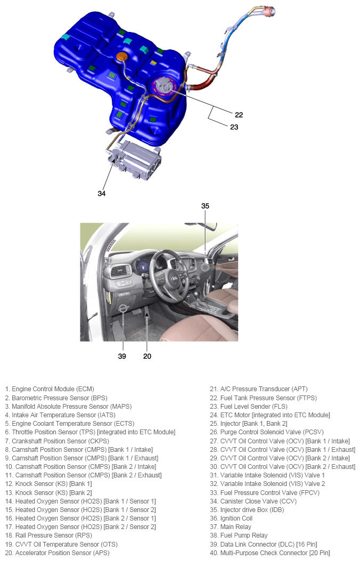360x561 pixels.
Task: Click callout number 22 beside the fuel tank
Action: coord(239,114)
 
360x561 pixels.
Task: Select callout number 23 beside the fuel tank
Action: coord(234,127)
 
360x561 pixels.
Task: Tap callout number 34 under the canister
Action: coord(102,193)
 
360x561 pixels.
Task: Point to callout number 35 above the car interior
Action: coord(206,205)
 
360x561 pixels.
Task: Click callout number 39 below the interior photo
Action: coord(122,356)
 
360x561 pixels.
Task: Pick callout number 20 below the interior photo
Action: coord(147,356)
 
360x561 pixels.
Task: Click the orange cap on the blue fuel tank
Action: coord(122,57)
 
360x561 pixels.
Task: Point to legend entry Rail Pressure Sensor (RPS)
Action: coord(48,535)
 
